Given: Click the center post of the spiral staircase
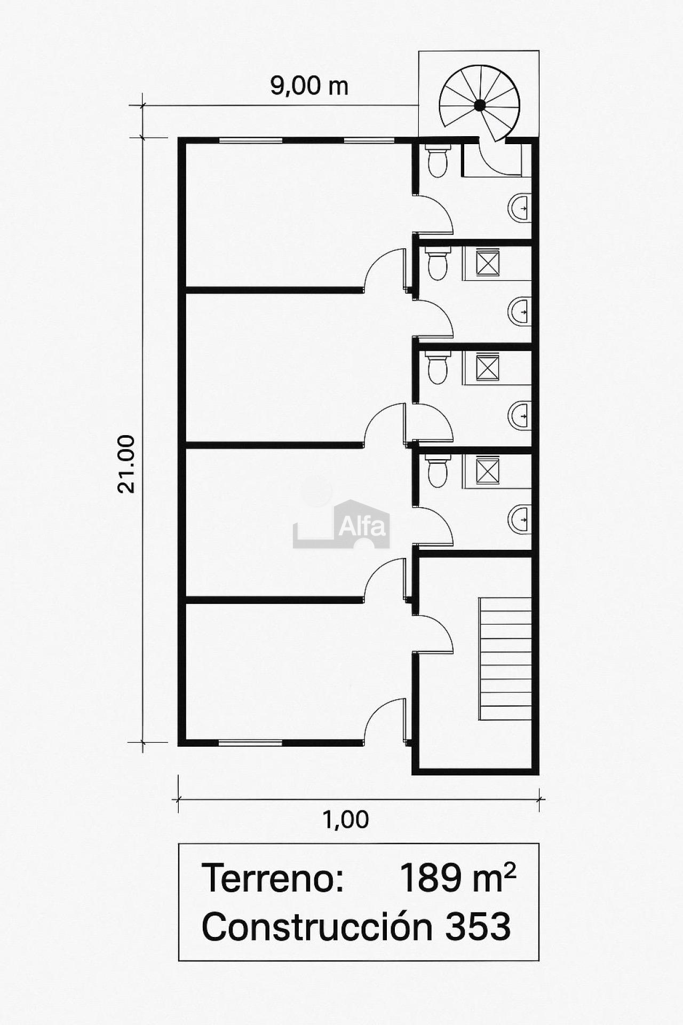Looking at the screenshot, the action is [480, 105].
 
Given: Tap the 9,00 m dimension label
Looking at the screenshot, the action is [309, 86].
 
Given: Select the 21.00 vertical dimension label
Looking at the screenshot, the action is [126, 463].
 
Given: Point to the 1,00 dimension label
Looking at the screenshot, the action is [346, 819].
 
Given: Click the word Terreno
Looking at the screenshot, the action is [273, 878].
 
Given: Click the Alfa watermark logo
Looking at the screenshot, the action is [341, 524].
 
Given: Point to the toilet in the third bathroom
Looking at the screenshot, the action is [438, 368].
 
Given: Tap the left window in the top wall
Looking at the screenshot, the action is [250, 140].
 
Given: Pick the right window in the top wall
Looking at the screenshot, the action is [369, 140].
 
